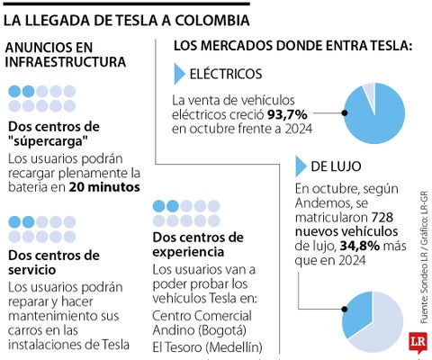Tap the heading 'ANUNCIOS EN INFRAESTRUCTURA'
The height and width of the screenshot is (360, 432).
[x=67, y=53]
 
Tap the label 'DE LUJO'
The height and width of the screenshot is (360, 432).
[x=338, y=166]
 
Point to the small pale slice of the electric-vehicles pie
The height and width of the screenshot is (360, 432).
[x=368, y=89]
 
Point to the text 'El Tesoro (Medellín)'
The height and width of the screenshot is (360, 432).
[x=207, y=347]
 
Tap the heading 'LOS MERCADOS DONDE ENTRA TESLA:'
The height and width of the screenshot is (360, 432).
[x=292, y=44]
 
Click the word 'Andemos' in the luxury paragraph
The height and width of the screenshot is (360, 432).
[x=322, y=203]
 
